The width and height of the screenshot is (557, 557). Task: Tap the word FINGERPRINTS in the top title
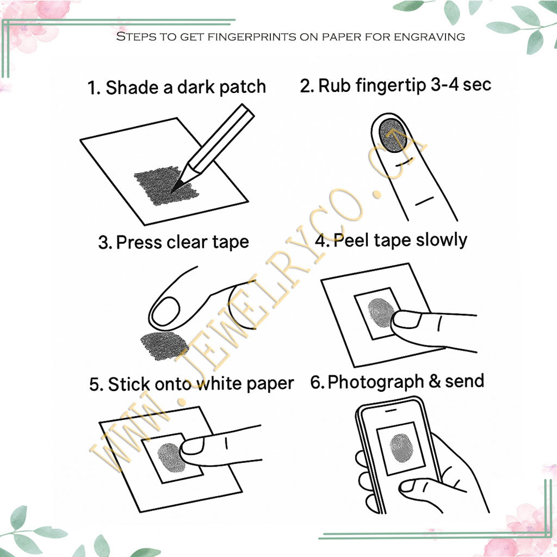pos(218,37)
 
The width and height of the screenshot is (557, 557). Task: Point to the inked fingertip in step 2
pos(391,135)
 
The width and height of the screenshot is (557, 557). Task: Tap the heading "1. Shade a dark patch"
pos(177,87)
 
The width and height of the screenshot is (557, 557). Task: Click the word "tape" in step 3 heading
pos(229,242)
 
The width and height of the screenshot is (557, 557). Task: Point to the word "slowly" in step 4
pos(441,239)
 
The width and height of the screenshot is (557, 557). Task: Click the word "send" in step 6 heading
pos(465,381)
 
